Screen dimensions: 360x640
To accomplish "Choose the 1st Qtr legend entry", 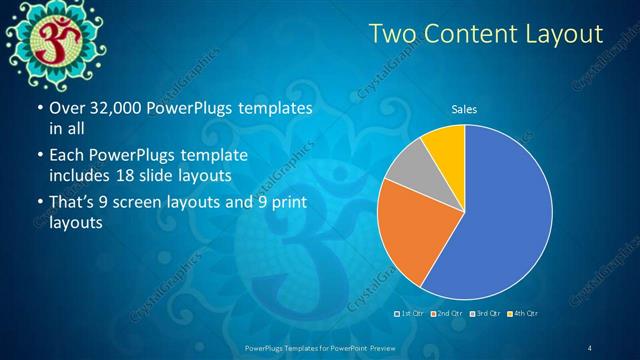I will coord(409,314).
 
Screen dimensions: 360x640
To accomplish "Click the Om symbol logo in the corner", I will coord(46,39).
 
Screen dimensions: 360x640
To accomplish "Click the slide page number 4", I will coord(590,347).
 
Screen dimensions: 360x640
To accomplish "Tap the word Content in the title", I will coord(468,35).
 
